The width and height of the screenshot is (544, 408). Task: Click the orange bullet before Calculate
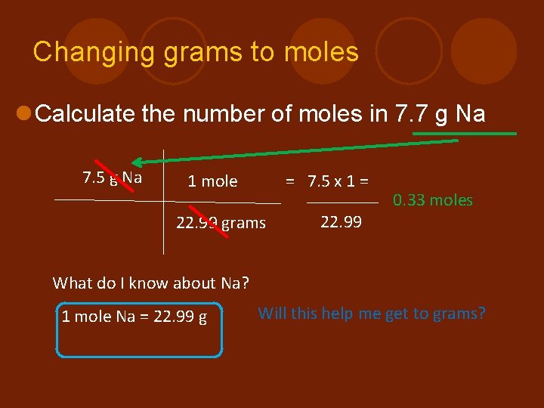23,114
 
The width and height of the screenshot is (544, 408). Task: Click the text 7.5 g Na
112,178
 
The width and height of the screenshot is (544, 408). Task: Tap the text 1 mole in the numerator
212,181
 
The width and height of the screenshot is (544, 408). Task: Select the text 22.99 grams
221,223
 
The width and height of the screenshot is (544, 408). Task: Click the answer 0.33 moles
432,200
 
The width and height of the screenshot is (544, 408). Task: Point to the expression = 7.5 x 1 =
326,181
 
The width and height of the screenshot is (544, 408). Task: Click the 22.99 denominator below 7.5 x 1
341,222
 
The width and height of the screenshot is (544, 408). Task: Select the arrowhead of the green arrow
138,161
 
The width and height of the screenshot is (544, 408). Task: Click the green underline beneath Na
464,134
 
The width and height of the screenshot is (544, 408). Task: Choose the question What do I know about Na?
150,283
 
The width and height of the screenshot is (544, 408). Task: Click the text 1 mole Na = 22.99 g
134,317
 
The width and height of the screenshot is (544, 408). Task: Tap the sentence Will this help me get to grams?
372,313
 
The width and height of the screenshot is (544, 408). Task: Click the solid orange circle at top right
484,51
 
